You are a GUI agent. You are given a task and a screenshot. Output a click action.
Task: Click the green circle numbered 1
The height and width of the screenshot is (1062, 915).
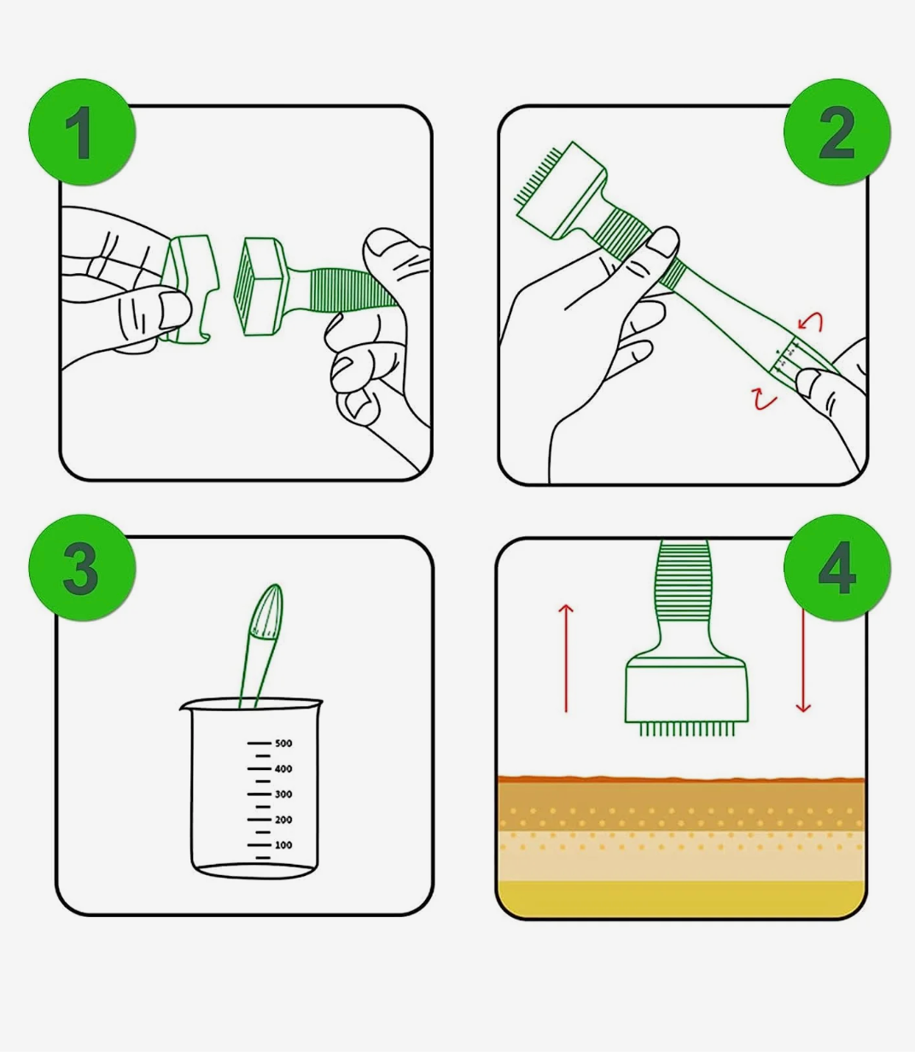[82, 132]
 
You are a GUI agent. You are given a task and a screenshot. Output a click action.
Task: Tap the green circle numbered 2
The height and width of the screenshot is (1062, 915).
[836, 132]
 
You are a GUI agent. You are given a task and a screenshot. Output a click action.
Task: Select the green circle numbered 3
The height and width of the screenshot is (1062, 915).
[82, 568]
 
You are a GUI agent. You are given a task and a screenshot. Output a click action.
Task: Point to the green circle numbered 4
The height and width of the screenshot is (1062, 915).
[836, 568]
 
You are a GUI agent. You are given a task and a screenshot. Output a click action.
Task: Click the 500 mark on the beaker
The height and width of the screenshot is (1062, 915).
[283, 744]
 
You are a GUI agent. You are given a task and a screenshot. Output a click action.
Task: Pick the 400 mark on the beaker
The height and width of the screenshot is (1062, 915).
[283, 769]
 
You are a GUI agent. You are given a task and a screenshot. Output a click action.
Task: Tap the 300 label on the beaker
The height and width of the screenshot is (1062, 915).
[283, 795]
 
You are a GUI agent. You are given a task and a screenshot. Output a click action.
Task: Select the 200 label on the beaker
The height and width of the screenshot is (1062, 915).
[283, 820]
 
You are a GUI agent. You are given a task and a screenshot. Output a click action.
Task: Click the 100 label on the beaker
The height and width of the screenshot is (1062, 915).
[283, 845]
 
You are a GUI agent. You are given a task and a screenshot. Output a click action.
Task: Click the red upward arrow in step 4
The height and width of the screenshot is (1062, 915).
[566, 657]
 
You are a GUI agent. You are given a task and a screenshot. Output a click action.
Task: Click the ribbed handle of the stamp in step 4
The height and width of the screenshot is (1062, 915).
[683, 581]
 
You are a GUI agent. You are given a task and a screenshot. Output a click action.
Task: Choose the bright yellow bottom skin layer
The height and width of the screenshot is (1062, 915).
[681, 898]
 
